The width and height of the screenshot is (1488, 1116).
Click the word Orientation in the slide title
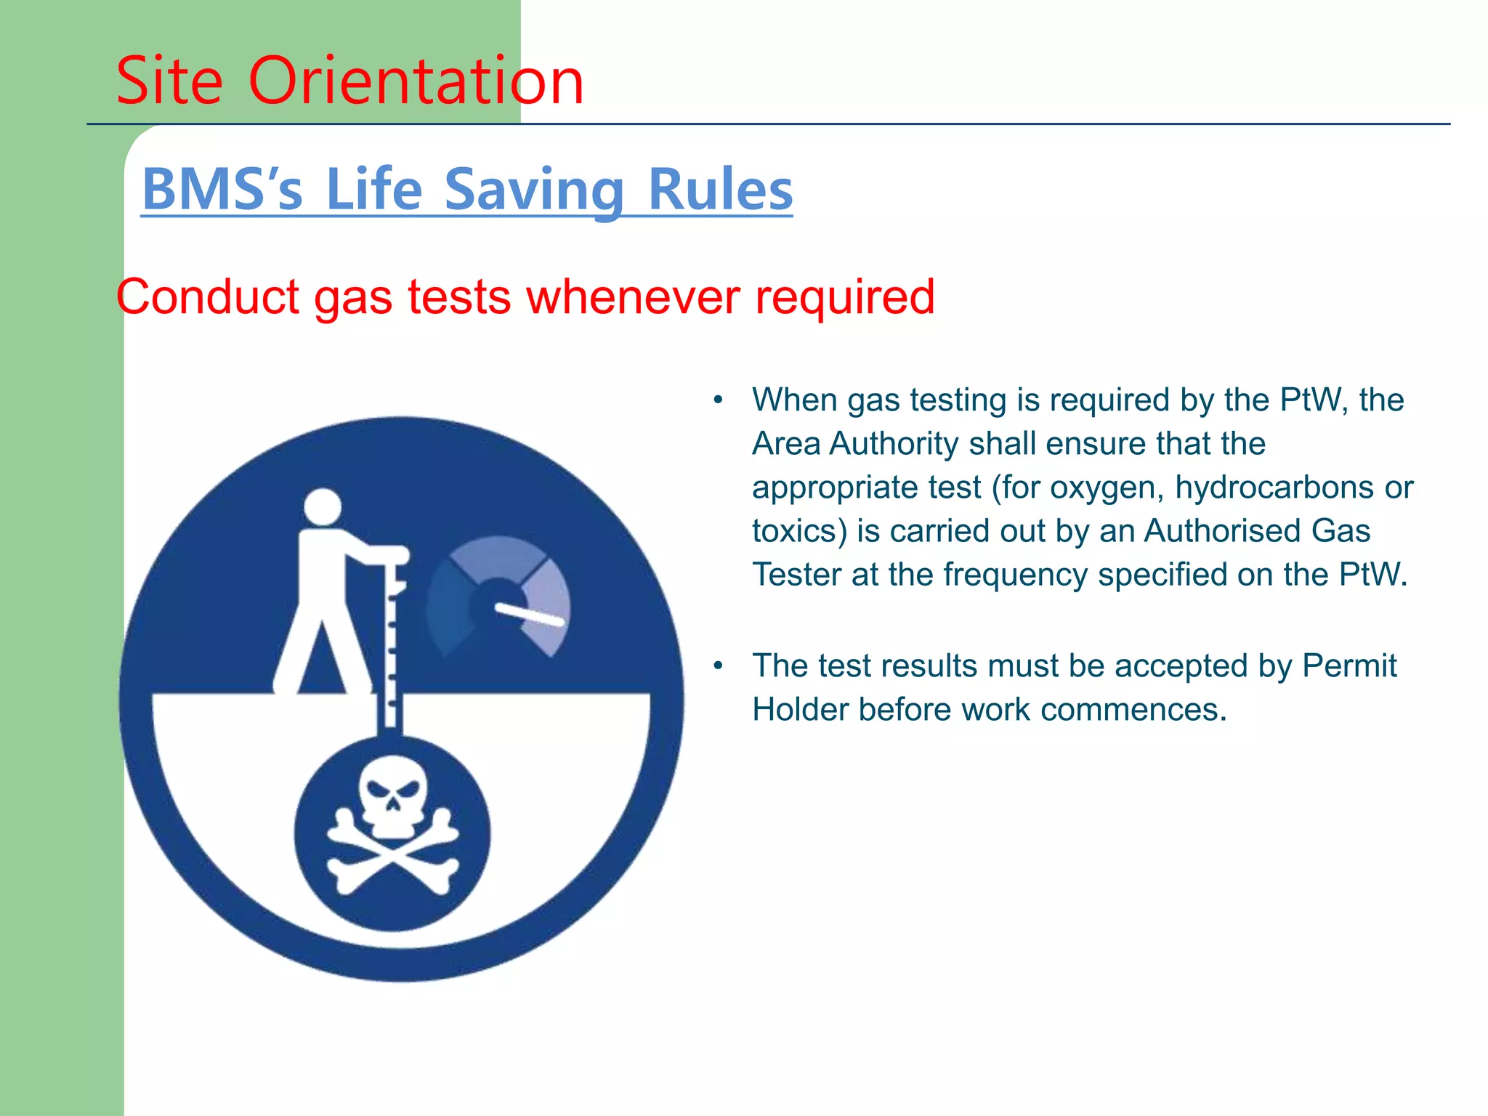(416, 81)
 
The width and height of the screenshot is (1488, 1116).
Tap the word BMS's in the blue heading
(222, 190)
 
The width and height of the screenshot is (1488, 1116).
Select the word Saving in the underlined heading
(534, 190)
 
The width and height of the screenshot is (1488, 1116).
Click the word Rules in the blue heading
(719, 190)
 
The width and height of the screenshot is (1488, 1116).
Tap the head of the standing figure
(322, 506)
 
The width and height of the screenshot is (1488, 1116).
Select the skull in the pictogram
(393, 795)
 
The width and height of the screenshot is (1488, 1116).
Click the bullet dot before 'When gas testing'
(718, 400)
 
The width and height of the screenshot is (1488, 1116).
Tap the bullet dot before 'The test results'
(718, 666)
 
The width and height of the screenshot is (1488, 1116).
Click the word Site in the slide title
(169, 81)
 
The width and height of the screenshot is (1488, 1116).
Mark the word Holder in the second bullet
(800, 709)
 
